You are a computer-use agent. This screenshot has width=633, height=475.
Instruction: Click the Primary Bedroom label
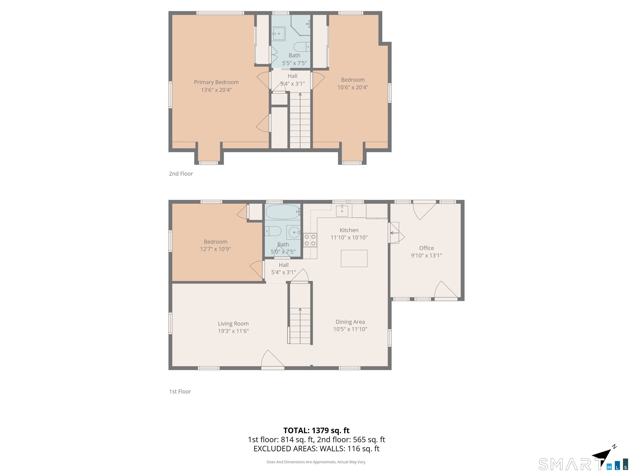[x=216, y=82]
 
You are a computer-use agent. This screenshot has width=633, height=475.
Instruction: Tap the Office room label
[x=426, y=248]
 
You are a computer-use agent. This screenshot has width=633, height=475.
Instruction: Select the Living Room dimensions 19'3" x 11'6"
[x=233, y=331]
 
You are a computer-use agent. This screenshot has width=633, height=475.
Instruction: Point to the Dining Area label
[x=350, y=322]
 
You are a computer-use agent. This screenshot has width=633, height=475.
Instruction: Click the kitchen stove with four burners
[x=310, y=240]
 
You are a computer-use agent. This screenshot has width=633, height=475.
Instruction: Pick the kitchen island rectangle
[x=354, y=258]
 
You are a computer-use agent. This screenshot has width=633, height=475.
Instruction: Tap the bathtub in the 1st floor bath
[x=283, y=212]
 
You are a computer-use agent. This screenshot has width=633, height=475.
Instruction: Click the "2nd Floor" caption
[x=181, y=174]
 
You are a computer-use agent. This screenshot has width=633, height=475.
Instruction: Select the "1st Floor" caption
[x=180, y=391]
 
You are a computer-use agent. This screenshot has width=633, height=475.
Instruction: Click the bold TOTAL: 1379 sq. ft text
[x=316, y=430]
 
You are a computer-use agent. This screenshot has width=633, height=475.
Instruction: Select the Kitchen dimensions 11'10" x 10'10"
[x=349, y=237]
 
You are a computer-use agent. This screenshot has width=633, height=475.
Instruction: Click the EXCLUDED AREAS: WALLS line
[x=316, y=449]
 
